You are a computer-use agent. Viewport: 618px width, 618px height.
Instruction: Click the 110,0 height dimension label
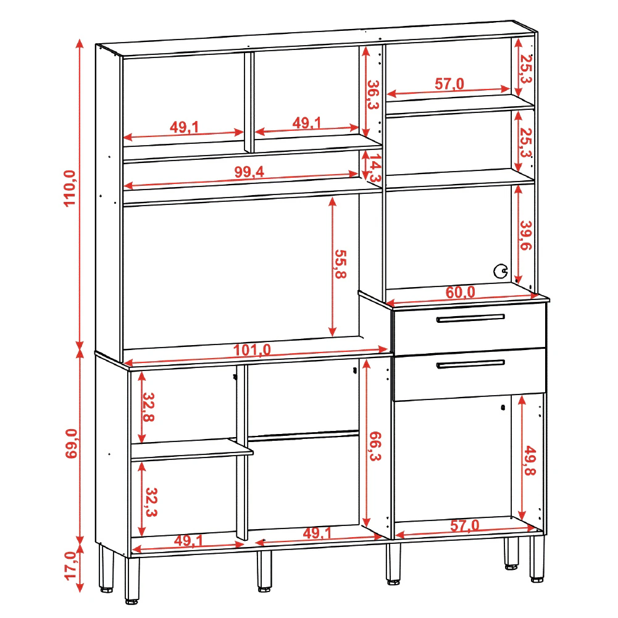coord(70,188)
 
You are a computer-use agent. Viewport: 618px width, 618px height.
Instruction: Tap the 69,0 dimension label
coord(71,443)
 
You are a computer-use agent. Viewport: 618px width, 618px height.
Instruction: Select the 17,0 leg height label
coord(70,566)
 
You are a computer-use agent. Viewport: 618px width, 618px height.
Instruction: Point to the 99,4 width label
coord(249,172)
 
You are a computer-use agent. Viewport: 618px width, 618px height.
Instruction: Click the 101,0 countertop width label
coord(252,349)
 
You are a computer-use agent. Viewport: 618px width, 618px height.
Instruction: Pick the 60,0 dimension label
coord(461,292)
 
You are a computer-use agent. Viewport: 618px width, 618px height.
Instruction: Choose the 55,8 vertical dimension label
coord(341,264)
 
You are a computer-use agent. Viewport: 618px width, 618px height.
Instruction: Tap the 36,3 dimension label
coord(373,94)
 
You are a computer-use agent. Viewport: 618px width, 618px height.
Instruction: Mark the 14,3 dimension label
coord(375,168)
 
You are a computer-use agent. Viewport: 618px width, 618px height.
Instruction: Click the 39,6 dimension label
coord(526,235)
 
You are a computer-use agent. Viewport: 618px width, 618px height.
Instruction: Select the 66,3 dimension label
coord(375,446)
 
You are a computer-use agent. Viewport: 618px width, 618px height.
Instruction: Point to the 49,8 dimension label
coord(530,461)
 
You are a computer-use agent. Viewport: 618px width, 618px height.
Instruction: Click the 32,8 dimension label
coord(148,407)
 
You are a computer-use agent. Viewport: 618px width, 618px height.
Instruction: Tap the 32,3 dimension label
coord(151,502)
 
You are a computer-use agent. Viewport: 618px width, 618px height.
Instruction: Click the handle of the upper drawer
coord(470,318)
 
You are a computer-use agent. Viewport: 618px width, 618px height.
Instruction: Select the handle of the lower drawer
coord(470,364)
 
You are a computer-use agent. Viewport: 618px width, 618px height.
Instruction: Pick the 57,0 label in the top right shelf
coord(449,83)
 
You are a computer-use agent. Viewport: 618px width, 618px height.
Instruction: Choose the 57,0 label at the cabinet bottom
coord(465,525)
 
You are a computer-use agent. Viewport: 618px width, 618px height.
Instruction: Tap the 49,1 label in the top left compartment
coord(185,127)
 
